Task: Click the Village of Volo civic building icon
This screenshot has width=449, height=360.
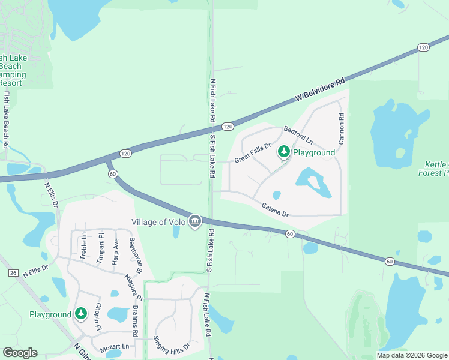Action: (194, 222)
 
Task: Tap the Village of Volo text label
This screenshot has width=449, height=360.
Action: (159, 222)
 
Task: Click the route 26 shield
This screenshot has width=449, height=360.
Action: (13, 273)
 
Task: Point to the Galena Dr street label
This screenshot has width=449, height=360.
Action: (275, 210)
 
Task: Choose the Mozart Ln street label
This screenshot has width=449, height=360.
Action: (115, 347)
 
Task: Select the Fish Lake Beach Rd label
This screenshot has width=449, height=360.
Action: (6, 119)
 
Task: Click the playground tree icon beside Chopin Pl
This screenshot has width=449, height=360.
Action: (81, 314)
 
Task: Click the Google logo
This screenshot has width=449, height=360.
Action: (20, 353)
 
